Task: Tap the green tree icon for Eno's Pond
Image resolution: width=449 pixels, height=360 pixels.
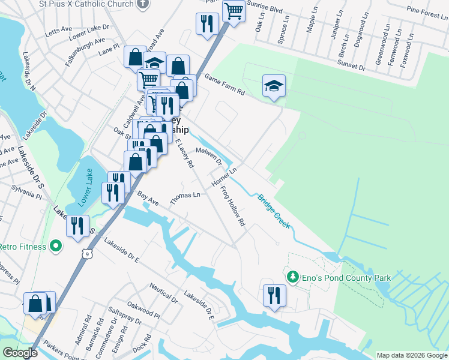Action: click(293, 277)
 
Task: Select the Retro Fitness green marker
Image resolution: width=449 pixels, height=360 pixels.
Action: click(56, 246)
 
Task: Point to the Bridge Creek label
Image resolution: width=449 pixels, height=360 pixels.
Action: click(274, 211)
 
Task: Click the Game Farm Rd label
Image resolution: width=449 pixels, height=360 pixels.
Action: click(225, 85)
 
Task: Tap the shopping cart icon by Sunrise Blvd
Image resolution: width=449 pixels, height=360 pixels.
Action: click(233, 10)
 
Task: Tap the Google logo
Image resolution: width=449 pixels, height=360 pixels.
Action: click(20, 353)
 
